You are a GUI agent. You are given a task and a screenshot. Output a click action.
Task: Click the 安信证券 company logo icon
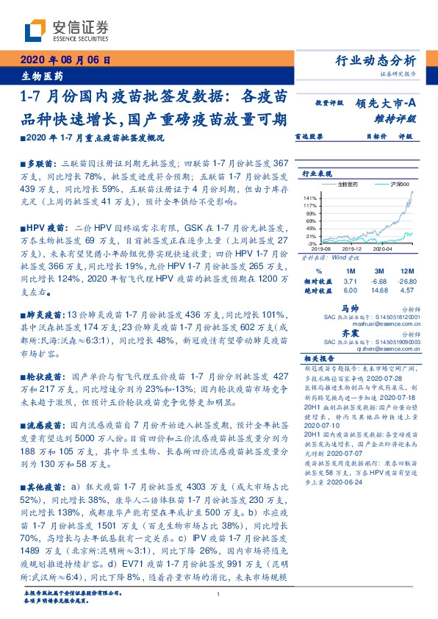(x=36, y=31)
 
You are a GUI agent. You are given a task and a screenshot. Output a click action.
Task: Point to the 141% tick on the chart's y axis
(x=311, y=198)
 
